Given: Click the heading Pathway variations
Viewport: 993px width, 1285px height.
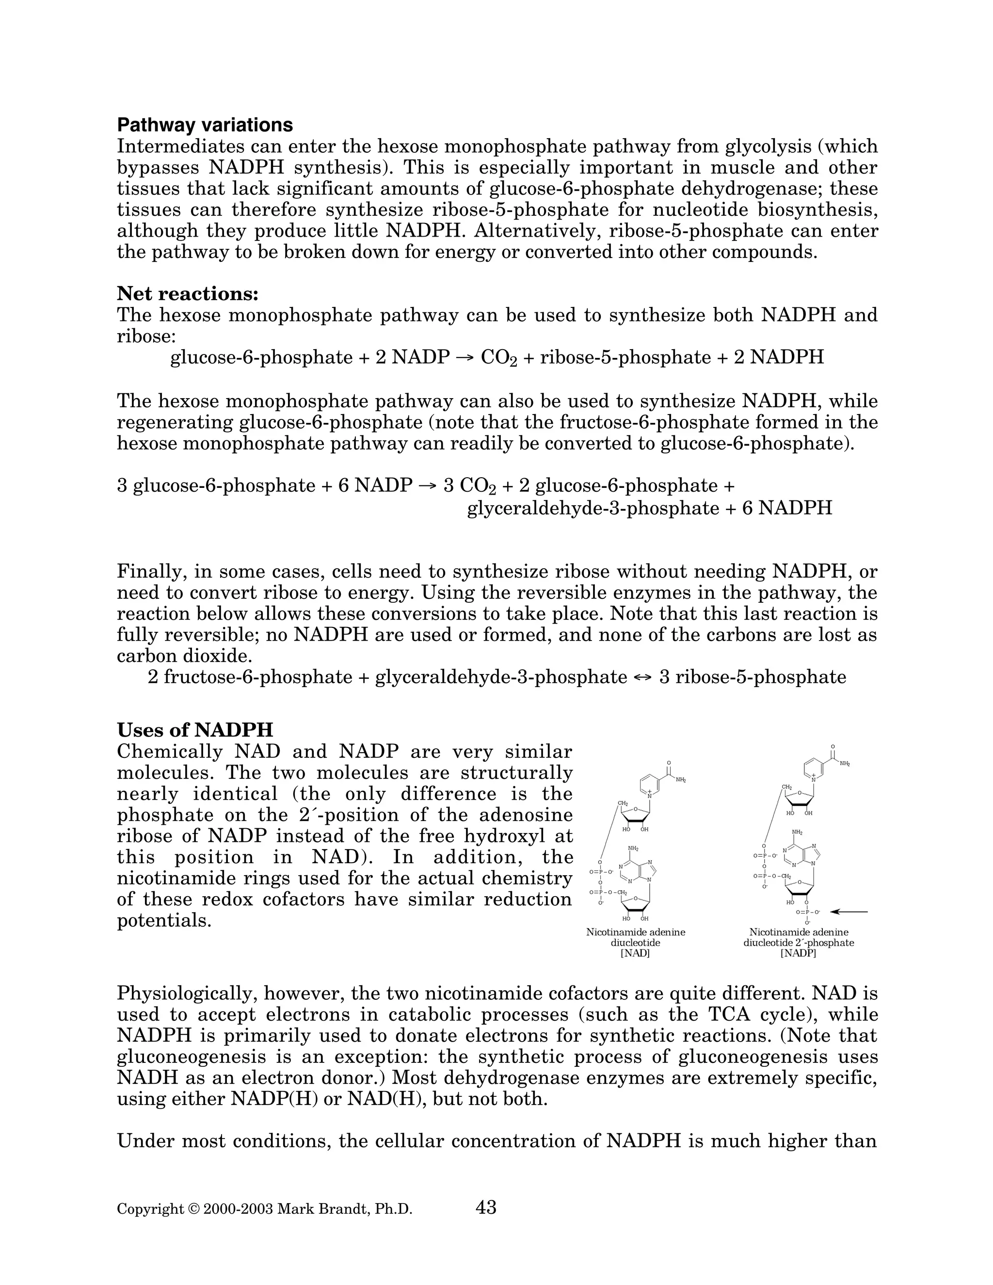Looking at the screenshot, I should click(x=205, y=125).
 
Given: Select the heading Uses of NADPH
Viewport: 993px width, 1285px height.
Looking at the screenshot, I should click(x=195, y=730).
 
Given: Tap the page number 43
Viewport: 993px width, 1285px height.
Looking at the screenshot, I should click(x=486, y=1207).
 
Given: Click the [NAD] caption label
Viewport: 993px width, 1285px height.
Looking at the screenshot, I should click(x=635, y=953).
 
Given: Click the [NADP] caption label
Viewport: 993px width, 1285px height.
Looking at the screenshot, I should click(x=798, y=953).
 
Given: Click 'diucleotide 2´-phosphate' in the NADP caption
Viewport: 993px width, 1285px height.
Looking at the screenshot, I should click(x=798, y=943).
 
